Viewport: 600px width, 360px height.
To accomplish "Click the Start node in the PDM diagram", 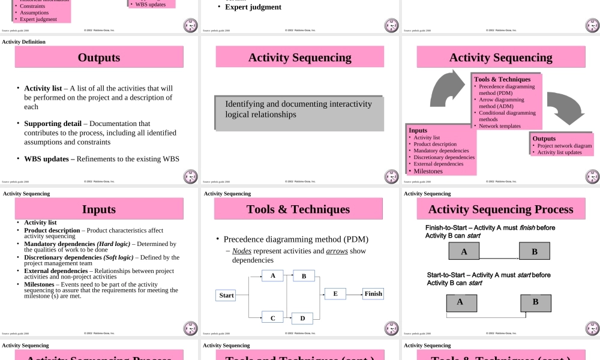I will [x=226, y=295].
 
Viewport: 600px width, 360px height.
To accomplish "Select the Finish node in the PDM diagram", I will [x=373, y=294].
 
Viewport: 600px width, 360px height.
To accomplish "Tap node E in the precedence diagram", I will [x=335, y=294].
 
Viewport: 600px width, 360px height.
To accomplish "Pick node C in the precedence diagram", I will [x=272, y=318].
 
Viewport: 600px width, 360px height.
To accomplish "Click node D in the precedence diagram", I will [x=302, y=319].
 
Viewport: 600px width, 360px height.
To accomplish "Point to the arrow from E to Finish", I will [x=355, y=294].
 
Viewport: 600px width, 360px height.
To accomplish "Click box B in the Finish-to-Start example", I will [x=535, y=251].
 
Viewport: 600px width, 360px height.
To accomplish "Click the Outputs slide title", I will [x=99, y=58].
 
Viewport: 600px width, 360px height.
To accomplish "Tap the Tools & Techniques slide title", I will [x=298, y=209].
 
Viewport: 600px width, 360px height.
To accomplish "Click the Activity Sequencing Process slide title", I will [x=500, y=209].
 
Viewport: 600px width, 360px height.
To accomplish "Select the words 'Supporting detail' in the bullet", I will [x=53, y=124].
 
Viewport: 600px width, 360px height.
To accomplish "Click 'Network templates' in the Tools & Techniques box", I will [x=500, y=126].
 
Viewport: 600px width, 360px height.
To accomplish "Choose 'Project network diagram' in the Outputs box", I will [x=565, y=146].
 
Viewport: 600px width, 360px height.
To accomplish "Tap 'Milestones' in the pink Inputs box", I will [x=428, y=171].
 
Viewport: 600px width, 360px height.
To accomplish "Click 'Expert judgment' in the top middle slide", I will [x=253, y=7].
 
